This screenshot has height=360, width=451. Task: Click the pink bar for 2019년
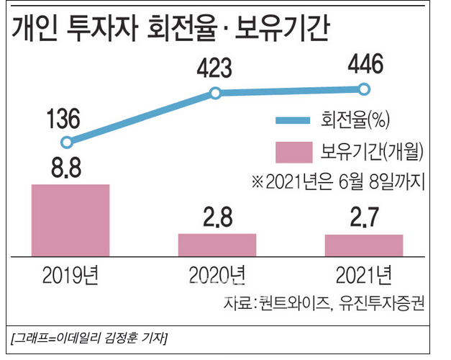tap(70, 220)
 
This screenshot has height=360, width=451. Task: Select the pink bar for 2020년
tap(217, 245)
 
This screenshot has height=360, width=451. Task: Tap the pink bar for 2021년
tap(363, 245)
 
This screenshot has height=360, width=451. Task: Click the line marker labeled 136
tap(68, 143)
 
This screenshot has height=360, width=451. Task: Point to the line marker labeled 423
tap(214, 93)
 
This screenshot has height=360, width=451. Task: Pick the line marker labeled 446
tap(364, 89)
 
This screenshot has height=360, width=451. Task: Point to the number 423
tap(214, 69)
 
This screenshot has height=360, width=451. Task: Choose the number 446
tap(364, 65)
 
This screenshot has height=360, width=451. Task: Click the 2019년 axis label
tap(70, 274)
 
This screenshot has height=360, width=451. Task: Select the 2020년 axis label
tap(217, 274)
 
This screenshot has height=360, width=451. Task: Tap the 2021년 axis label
tap(363, 274)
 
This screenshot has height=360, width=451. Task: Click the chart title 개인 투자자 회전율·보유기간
tap(170, 29)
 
